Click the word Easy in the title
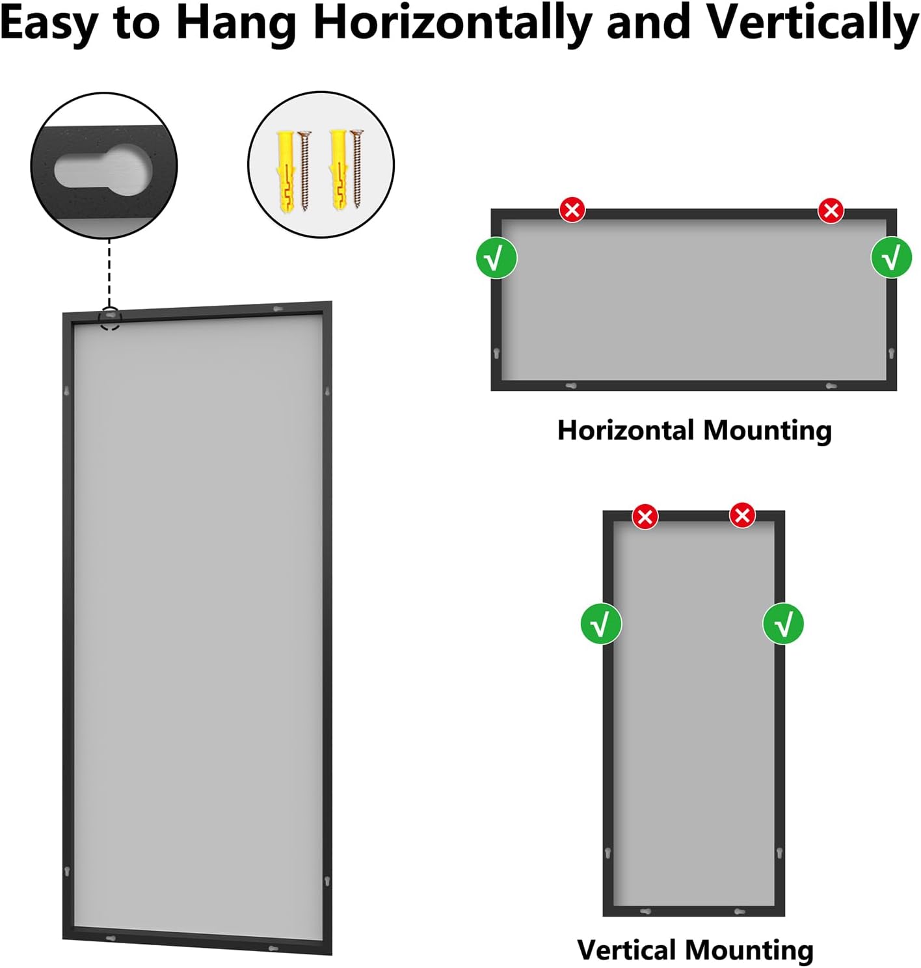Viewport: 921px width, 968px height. coord(48,23)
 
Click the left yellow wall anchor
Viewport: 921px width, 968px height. coord(287,170)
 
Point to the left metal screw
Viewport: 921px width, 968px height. coord(304,170)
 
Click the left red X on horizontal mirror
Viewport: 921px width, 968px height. coord(572,210)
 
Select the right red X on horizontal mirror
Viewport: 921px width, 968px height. coord(831,210)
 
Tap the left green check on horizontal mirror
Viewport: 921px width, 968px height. coord(497,258)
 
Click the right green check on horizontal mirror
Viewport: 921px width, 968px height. coord(891,258)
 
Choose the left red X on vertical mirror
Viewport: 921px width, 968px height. coord(645,517)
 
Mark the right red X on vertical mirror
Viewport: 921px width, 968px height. coord(742,516)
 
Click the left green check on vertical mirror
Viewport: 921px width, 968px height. coord(601,624)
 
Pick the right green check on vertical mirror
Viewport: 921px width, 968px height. coord(783,624)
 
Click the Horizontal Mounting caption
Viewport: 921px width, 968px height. coord(694,431)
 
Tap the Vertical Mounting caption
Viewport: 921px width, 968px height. coord(695,950)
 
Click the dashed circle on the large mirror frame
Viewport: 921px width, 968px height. coord(110,318)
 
